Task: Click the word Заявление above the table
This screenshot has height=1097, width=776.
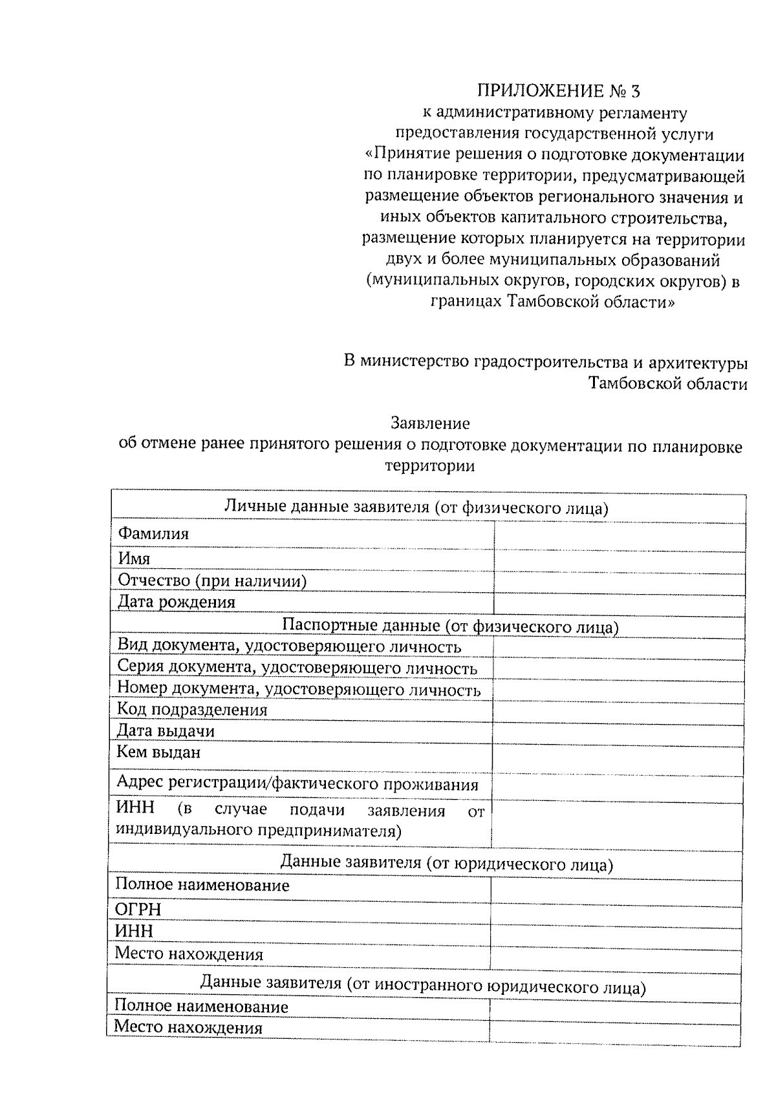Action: tap(430, 423)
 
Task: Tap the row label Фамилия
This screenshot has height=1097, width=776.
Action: tap(153, 534)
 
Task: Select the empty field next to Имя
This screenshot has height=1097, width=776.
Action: tap(619, 559)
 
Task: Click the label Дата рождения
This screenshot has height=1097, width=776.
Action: tap(177, 602)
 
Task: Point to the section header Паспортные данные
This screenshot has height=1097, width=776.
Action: tap(450, 626)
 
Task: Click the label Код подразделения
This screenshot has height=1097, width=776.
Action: tap(192, 710)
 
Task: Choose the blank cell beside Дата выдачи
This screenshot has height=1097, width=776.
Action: tap(618, 733)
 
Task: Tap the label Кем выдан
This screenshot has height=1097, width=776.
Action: tap(158, 752)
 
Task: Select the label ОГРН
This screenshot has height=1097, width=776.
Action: tap(138, 910)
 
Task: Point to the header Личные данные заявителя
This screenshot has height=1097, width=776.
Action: tap(416, 507)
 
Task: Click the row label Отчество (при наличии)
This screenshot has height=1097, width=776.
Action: tap(211, 581)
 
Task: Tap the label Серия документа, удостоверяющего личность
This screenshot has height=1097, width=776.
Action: tap(297, 668)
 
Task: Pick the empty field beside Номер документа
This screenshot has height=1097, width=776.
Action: tap(618, 691)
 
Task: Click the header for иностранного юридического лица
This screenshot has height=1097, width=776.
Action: tap(423, 986)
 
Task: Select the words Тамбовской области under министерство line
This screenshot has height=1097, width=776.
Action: tap(667, 384)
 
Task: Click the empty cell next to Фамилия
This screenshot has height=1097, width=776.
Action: tap(619, 536)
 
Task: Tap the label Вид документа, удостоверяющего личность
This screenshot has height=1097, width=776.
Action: tap(289, 646)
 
